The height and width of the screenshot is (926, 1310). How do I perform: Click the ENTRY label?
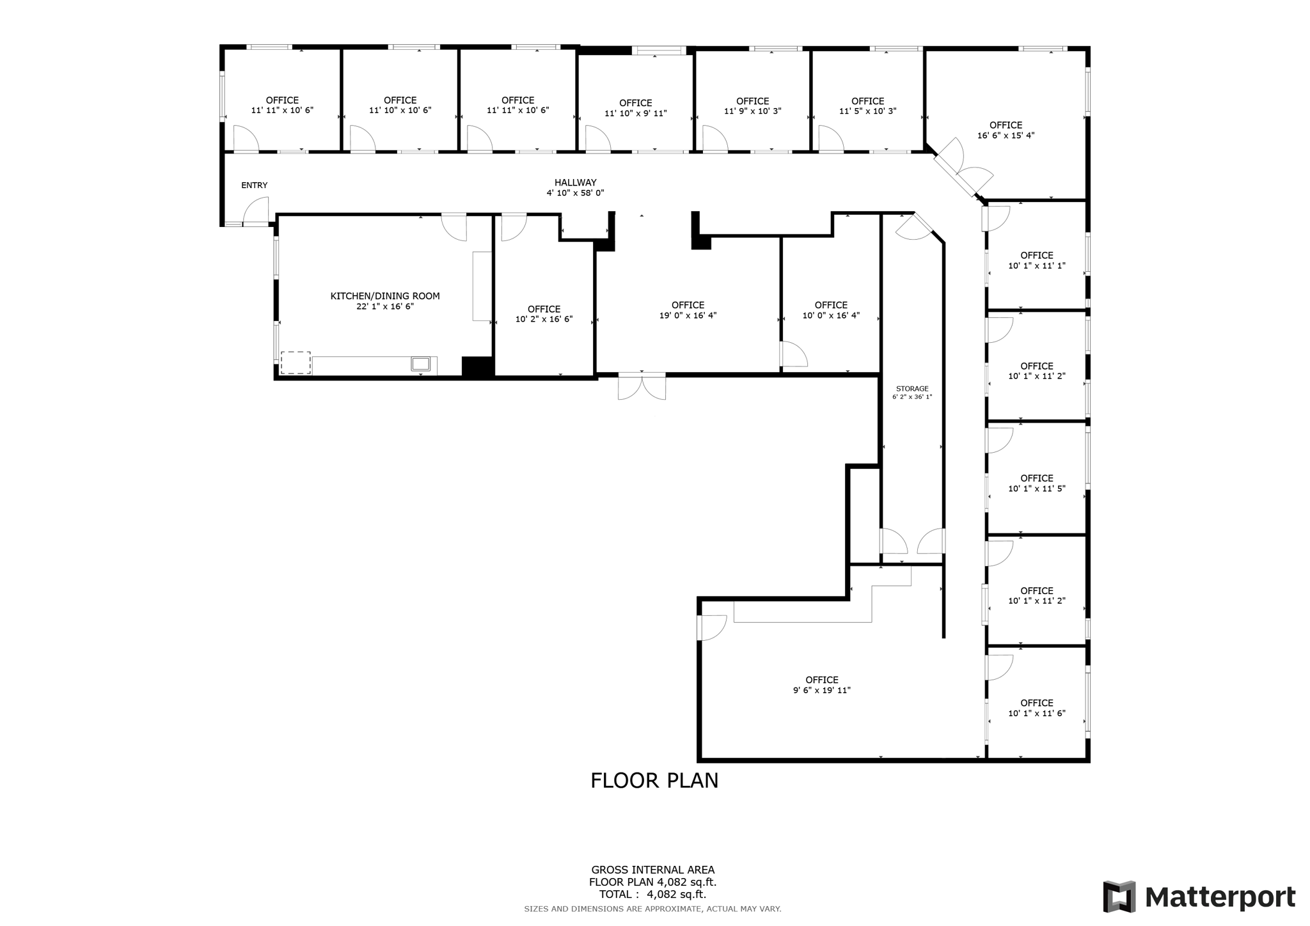pyautogui.click(x=254, y=185)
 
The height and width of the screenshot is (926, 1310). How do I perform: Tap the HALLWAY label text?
pyautogui.click(x=575, y=183)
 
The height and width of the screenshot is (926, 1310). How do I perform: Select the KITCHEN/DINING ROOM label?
pyautogui.click(x=385, y=296)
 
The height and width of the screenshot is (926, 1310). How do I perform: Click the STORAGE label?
pyautogui.click(x=912, y=389)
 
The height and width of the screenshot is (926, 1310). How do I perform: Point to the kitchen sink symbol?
pyautogui.click(x=421, y=364)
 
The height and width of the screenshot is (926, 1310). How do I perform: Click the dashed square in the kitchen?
pyautogui.click(x=296, y=363)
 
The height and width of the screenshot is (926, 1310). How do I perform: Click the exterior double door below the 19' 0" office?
pyautogui.click(x=642, y=387)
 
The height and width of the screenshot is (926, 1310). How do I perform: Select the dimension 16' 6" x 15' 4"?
pyautogui.click(x=1006, y=136)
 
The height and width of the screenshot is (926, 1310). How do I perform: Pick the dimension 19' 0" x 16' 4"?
pyautogui.click(x=688, y=315)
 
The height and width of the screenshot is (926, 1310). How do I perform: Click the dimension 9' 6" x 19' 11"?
pyautogui.click(x=822, y=690)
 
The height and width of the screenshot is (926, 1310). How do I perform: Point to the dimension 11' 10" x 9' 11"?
pyautogui.click(x=635, y=113)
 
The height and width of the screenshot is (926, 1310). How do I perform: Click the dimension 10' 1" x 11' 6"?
pyautogui.click(x=1037, y=713)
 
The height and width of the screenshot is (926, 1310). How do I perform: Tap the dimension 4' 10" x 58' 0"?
pyautogui.click(x=575, y=193)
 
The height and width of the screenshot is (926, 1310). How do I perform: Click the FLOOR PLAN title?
pyautogui.click(x=654, y=781)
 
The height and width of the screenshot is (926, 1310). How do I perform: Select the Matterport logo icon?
pyautogui.click(x=1119, y=897)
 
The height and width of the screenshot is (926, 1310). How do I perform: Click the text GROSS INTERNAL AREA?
pyautogui.click(x=652, y=870)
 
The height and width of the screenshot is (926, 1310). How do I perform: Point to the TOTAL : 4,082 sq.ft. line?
pyautogui.click(x=652, y=895)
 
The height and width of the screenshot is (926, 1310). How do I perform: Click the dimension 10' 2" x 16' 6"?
pyautogui.click(x=544, y=319)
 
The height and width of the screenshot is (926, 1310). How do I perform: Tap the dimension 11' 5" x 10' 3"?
pyautogui.click(x=867, y=111)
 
